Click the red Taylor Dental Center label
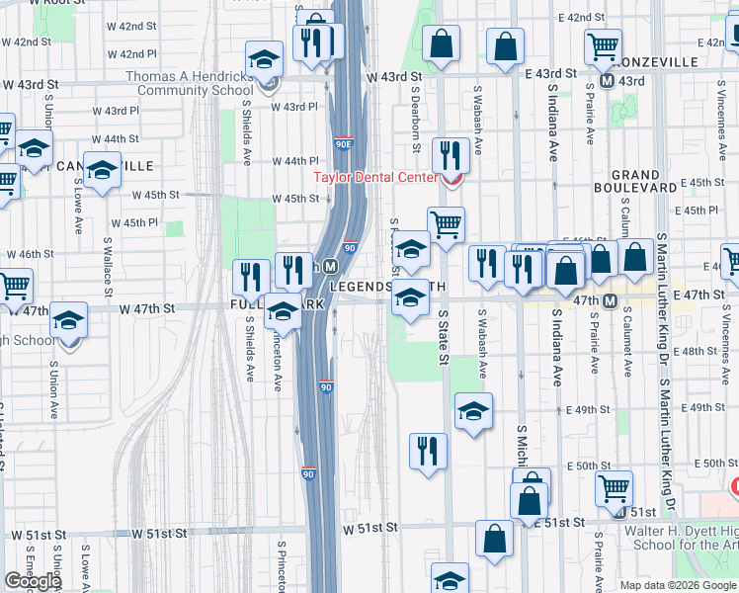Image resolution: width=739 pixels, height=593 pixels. pyautogui.click(x=374, y=178)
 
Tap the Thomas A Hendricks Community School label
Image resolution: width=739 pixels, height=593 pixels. pyautogui.click(x=189, y=84)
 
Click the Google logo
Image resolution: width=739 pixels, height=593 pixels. pyautogui.click(x=33, y=581)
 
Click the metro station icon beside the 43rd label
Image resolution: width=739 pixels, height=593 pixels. pyautogui.click(x=609, y=80)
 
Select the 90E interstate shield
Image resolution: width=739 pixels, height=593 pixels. pyautogui.click(x=344, y=144)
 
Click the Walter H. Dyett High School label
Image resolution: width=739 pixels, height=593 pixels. pyautogui.click(x=672, y=538)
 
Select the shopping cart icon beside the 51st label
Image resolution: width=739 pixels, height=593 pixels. pyautogui.click(x=615, y=488)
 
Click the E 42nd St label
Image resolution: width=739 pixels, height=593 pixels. pyautogui.click(x=581, y=19)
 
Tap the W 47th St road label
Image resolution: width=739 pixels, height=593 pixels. pyautogui.click(x=147, y=308)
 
